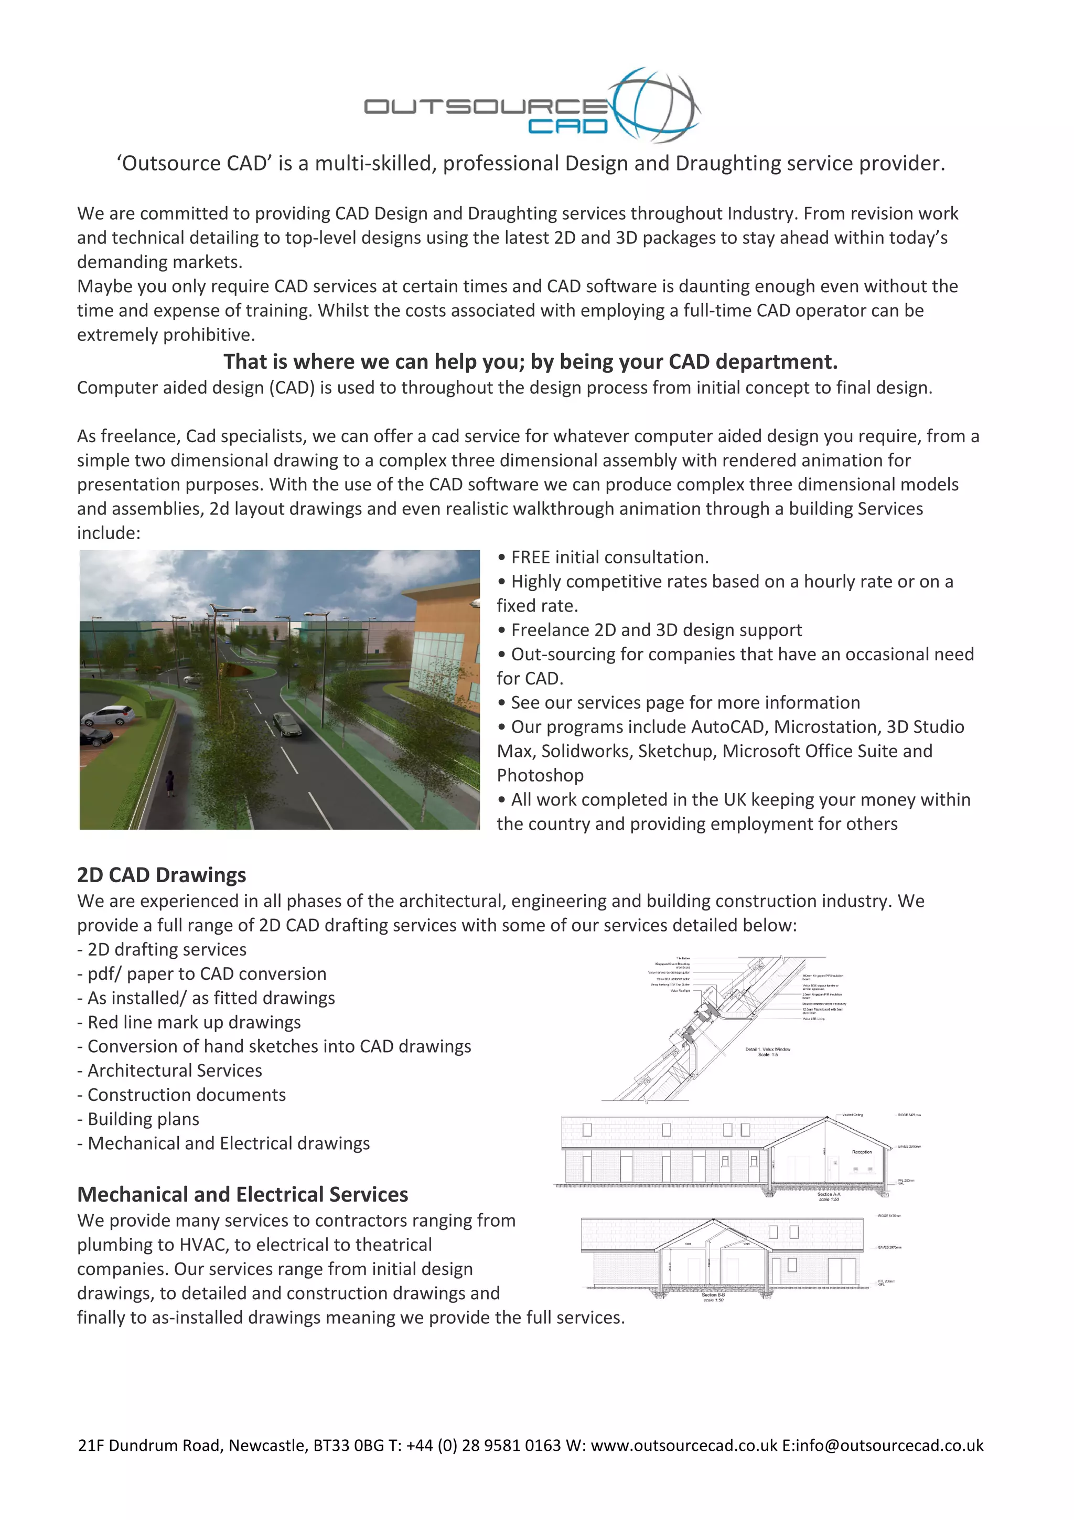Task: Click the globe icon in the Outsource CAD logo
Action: [655, 104]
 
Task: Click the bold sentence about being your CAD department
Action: [530, 361]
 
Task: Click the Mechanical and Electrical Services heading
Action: [242, 1194]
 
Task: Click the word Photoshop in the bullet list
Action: [540, 775]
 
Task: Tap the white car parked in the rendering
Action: [106, 715]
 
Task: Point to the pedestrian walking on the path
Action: [170, 783]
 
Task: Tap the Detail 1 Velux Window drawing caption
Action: [768, 1051]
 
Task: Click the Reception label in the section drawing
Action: [862, 1152]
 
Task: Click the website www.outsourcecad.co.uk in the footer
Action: [684, 1444]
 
